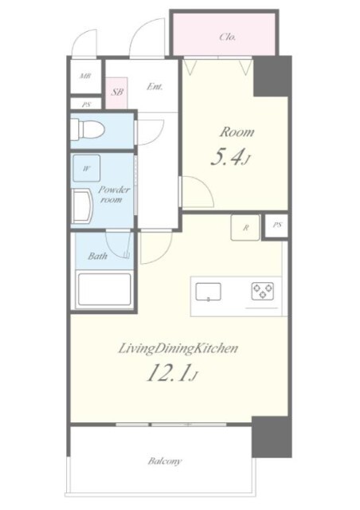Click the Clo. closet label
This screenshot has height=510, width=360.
(x=227, y=37)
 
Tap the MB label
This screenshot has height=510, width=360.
(x=85, y=76)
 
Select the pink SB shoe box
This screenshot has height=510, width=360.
(x=116, y=93)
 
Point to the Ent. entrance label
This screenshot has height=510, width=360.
(x=155, y=87)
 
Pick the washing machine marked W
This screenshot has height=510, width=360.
(x=86, y=168)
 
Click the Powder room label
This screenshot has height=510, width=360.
(x=112, y=194)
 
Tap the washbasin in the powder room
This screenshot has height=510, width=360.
(x=81, y=207)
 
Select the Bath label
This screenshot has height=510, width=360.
(x=97, y=257)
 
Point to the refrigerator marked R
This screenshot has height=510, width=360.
(x=245, y=228)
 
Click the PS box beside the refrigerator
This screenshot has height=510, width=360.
(x=276, y=225)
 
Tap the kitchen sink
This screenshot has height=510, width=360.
(x=208, y=292)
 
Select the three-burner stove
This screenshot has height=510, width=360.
(x=262, y=291)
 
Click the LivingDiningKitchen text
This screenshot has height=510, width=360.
(x=178, y=349)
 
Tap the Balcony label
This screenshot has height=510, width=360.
(x=165, y=461)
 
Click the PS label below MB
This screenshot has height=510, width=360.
(x=86, y=104)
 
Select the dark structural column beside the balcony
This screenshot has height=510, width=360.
(x=272, y=437)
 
